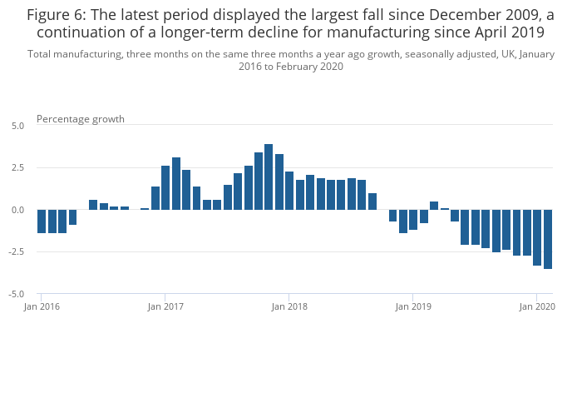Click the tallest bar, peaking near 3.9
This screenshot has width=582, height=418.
269,177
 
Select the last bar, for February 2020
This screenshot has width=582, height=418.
548,239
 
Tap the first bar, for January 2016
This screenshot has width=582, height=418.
42,221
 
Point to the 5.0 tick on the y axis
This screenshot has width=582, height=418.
18,126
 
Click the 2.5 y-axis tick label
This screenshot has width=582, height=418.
18,168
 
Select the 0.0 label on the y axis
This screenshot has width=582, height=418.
18,211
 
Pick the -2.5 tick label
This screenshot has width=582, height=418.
17,252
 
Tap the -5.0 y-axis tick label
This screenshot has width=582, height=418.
17,295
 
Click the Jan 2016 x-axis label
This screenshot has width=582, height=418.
42,306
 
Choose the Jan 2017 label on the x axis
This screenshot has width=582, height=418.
165,306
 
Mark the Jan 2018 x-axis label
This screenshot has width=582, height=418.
289,306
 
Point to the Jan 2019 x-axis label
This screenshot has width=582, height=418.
413,306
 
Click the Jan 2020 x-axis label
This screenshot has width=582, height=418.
537,306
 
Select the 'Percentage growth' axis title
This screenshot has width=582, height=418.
81,119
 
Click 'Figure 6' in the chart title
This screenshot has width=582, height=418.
57,15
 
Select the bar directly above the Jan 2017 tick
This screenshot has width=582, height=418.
165,187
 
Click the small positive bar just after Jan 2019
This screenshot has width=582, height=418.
434,206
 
